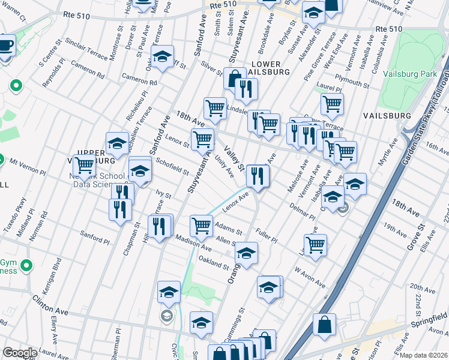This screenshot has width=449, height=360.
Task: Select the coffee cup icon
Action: [5, 46]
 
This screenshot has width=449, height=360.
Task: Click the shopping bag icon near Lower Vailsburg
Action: [234, 78]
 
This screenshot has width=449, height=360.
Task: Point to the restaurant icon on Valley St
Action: [258, 176]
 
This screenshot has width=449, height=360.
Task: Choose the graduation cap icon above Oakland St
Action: [246, 253]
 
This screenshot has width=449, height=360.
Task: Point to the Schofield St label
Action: [172, 165]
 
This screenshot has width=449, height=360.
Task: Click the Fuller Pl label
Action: [266, 235]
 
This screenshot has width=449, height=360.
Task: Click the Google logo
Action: [20, 353]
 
